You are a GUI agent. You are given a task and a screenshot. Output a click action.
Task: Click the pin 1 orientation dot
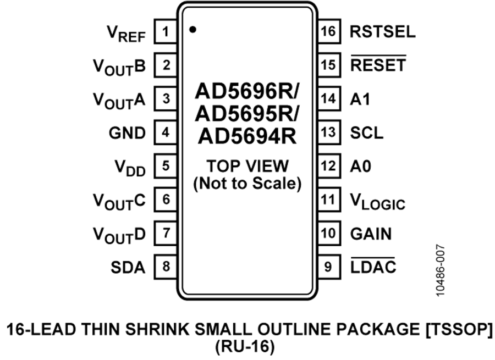click(x=193, y=30)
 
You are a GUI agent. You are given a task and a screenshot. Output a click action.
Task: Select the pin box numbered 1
click(x=166, y=31)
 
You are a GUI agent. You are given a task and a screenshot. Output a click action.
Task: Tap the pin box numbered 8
click(x=166, y=267)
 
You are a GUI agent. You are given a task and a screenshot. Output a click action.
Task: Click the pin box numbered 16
click(x=329, y=31)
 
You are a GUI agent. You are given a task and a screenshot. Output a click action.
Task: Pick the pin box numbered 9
click(x=329, y=267)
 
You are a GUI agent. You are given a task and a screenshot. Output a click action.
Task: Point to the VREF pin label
click(x=127, y=34)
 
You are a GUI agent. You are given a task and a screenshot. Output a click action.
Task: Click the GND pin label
click(x=127, y=133)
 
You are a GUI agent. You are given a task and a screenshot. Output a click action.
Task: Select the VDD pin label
click(x=130, y=168)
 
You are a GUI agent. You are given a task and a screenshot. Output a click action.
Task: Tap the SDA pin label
click(x=128, y=267)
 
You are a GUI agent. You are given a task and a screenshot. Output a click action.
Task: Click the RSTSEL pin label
click(x=383, y=31)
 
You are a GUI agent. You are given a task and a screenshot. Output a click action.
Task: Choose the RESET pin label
click(x=378, y=65)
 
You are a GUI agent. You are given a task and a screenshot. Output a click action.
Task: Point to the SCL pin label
click(x=366, y=133)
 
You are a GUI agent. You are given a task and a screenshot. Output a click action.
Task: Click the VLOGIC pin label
click(x=377, y=201)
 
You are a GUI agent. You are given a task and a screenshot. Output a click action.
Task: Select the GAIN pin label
click(x=371, y=234)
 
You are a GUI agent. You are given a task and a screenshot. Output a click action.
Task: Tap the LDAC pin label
click(x=373, y=266)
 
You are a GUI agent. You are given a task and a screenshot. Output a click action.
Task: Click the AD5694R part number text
click(x=247, y=136)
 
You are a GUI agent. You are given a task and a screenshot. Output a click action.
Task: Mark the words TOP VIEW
click(x=248, y=166)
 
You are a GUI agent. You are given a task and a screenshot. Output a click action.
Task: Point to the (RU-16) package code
click(x=245, y=347)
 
